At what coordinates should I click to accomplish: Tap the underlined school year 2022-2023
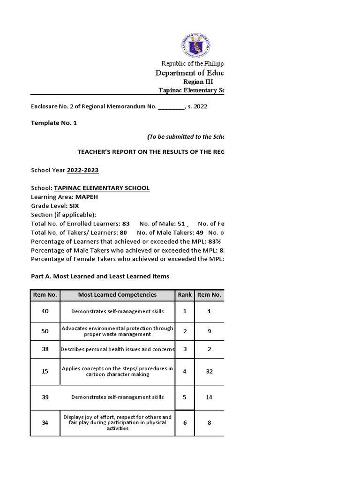(x=83, y=170)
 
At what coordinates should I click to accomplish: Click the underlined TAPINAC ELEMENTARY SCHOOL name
(x=102, y=188)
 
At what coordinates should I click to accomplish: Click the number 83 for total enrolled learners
(x=125, y=224)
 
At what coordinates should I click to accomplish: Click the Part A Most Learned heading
(x=100, y=277)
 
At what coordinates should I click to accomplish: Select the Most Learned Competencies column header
(x=117, y=295)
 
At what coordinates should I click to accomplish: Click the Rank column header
(x=185, y=295)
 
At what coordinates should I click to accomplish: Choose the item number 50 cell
(x=45, y=331)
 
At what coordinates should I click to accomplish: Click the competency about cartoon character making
(x=117, y=371)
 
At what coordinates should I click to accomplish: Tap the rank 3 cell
(x=185, y=349)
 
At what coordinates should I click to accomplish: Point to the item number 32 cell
(x=209, y=371)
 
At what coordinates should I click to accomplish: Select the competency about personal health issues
(x=117, y=349)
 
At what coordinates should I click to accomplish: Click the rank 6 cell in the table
(x=185, y=422)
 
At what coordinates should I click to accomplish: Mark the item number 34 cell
(x=45, y=422)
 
